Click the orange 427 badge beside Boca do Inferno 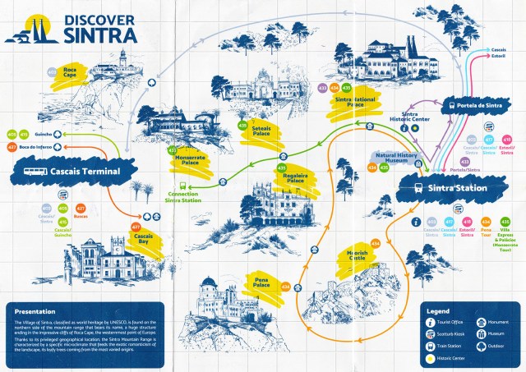[12, 147]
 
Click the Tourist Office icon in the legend [430, 323]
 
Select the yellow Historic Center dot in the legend [430, 358]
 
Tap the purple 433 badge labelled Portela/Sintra [465, 162]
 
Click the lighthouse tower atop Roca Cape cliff [122, 60]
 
